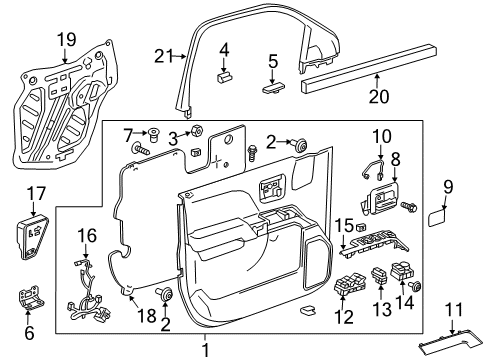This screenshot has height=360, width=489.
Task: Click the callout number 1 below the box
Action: (205, 350)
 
